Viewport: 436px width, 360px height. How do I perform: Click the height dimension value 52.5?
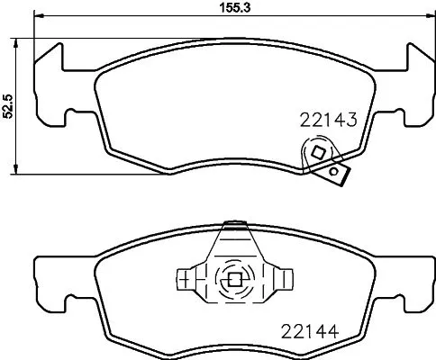coord(9,106)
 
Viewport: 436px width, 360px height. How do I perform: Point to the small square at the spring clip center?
coord(234,278)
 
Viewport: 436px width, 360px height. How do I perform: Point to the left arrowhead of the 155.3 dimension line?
coord(35,19)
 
